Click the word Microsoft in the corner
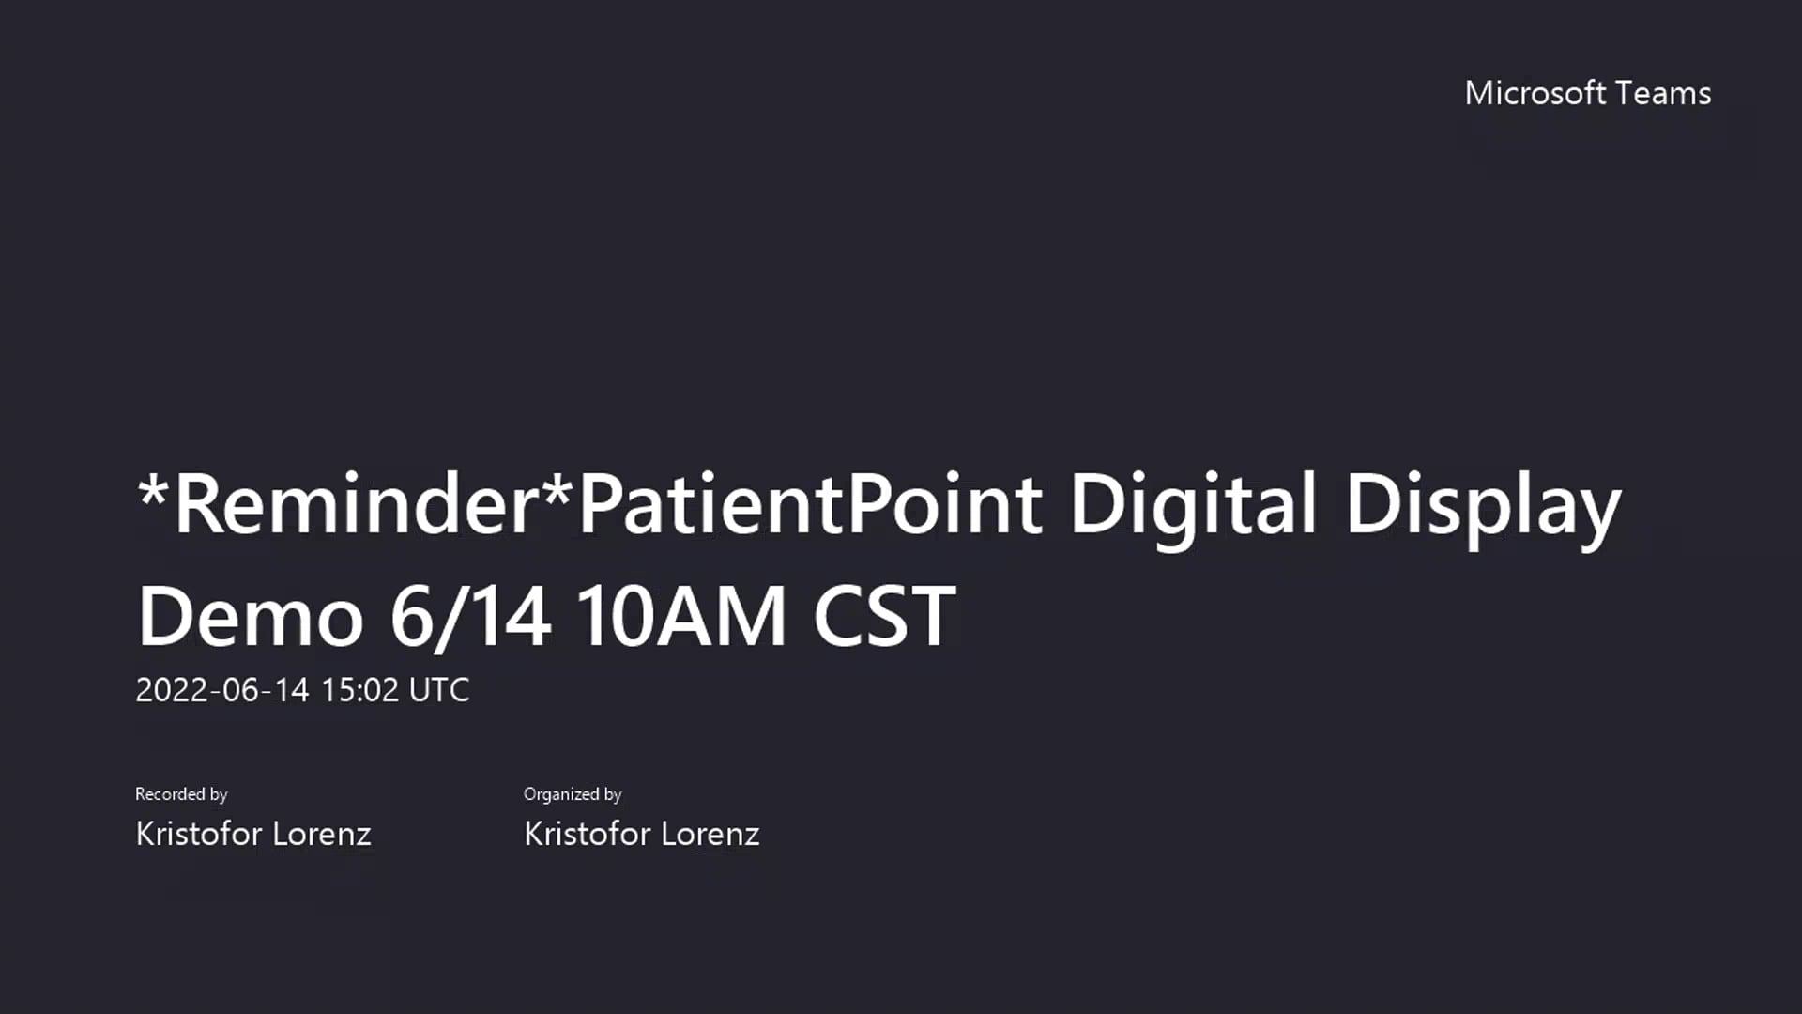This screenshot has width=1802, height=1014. click(x=1535, y=93)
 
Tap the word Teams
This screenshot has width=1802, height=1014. click(x=1663, y=93)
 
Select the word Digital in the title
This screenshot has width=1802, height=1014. click(x=1193, y=504)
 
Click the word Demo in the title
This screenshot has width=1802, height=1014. click(x=250, y=617)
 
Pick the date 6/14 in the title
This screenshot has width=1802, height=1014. click(x=469, y=617)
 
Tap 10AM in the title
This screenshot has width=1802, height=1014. click(x=680, y=617)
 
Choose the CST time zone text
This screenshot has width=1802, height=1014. click(x=884, y=617)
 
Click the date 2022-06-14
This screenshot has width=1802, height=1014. click(x=221, y=690)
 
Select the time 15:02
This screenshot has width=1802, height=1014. click(x=359, y=690)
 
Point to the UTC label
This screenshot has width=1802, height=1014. click(x=439, y=690)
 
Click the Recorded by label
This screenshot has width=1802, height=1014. click(x=181, y=794)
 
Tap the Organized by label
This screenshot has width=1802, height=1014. click(x=573, y=794)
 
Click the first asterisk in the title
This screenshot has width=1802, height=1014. click(x=152, y=487)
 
